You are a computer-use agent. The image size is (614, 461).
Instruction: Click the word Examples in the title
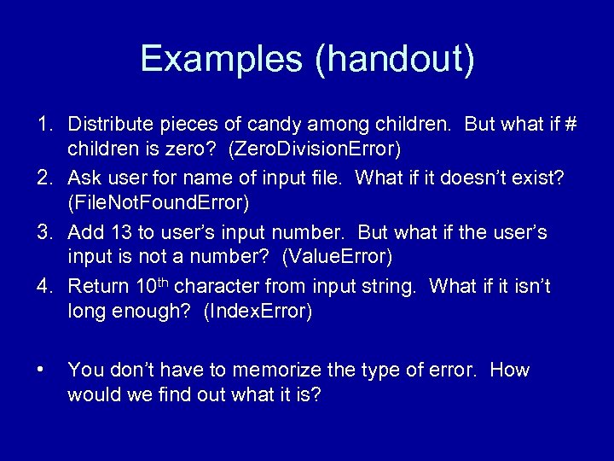click(x=220, y=59)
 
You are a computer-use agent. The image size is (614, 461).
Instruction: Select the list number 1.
click(x=44, y=125)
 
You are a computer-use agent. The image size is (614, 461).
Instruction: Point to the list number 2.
click(x=44, y=178)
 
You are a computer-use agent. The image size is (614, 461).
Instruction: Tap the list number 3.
click(x=44, y=232)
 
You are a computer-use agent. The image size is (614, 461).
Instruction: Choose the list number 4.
click(x=44, y=286)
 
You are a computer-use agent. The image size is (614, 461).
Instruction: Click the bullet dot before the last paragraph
click(x=40, y=370)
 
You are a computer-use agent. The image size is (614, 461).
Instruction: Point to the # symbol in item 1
click(x=571, y=125)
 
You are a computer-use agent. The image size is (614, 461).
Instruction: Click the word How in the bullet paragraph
click(x=510, y=370)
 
